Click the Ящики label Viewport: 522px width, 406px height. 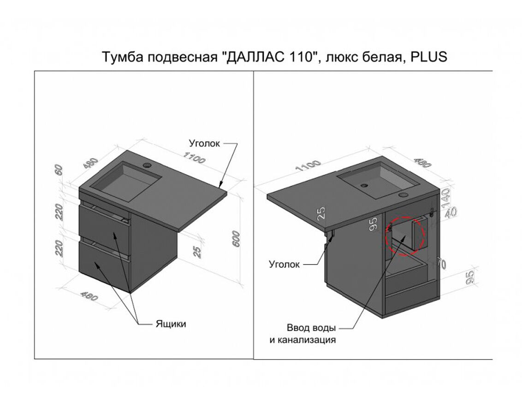[x=171, y=324]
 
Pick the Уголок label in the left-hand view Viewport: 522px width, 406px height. [x=204, y=143]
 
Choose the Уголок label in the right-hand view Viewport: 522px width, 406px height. [x=285, y=265]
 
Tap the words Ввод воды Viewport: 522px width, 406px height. [x=311, y=328]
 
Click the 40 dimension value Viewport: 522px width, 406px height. [x=451, y=212]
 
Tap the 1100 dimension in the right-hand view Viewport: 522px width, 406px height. [x=308, y=166]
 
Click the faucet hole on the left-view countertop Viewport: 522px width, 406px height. [x=147, y=165]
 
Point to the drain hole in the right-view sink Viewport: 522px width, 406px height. [x=364, y=185]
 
